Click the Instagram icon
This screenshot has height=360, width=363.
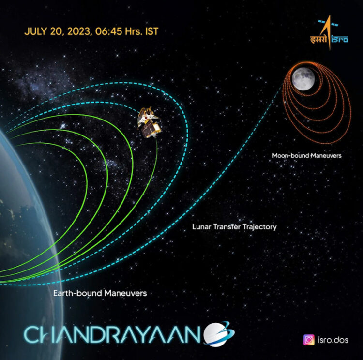point(309,340)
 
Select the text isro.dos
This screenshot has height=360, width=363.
point(333,340)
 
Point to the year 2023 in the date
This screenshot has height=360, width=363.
point(79,31)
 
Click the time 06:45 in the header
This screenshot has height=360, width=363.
point(108,31)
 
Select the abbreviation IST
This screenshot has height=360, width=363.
point(151,31)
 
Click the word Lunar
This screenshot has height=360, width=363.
point(202,226)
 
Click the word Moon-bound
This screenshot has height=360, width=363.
point(290,155)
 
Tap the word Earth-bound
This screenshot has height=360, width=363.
point(78,293)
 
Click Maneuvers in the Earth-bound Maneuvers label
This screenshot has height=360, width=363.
point(126,293)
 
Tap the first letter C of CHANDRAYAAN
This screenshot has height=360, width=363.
point(32,334)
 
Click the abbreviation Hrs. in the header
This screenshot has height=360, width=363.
point(134,31)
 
